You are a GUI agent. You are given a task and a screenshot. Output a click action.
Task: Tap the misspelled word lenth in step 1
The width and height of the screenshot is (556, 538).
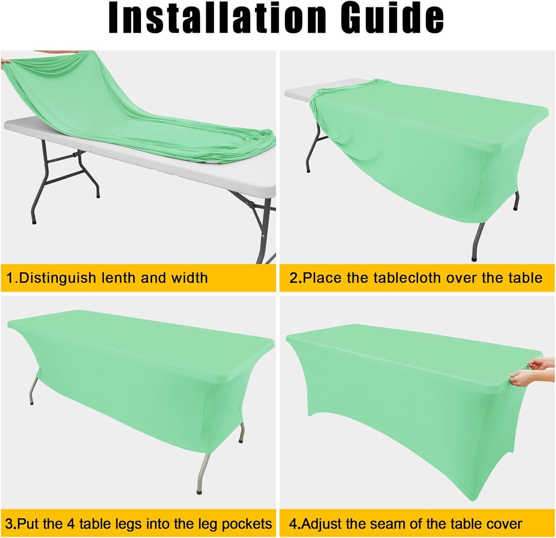tap(118, 278)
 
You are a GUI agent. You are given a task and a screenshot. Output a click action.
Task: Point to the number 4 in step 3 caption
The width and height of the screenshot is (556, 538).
tap(72, 524)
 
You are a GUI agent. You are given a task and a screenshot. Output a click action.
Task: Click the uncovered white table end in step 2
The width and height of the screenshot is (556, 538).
tap(297, 93)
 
